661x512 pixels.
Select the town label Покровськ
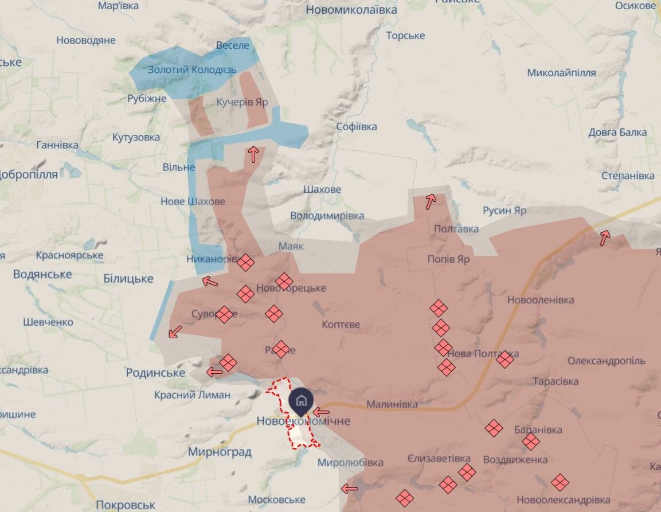pos(126,505)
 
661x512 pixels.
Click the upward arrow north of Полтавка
pos(430,200)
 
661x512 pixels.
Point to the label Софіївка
pos(357,127)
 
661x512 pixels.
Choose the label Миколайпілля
pos(561,73)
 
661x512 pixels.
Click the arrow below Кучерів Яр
pos(253,154)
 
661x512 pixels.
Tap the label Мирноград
pos(220,452)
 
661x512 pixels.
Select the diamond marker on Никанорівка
pos(245,262)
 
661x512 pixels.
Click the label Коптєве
pos(341,325)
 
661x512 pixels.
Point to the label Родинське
pos(155,373)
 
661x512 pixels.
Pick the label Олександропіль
pos(606,361)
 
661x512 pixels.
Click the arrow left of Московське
pos(349,488)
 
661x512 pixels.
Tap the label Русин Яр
pos(504,210)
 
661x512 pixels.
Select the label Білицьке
pos(128,279)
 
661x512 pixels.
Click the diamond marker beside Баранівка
pos(531,441)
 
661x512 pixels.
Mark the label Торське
pos(405,36)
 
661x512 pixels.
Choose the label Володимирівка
pos(327,216)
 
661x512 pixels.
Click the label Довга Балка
pos(617,132)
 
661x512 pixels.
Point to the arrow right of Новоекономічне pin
pos(321,412)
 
